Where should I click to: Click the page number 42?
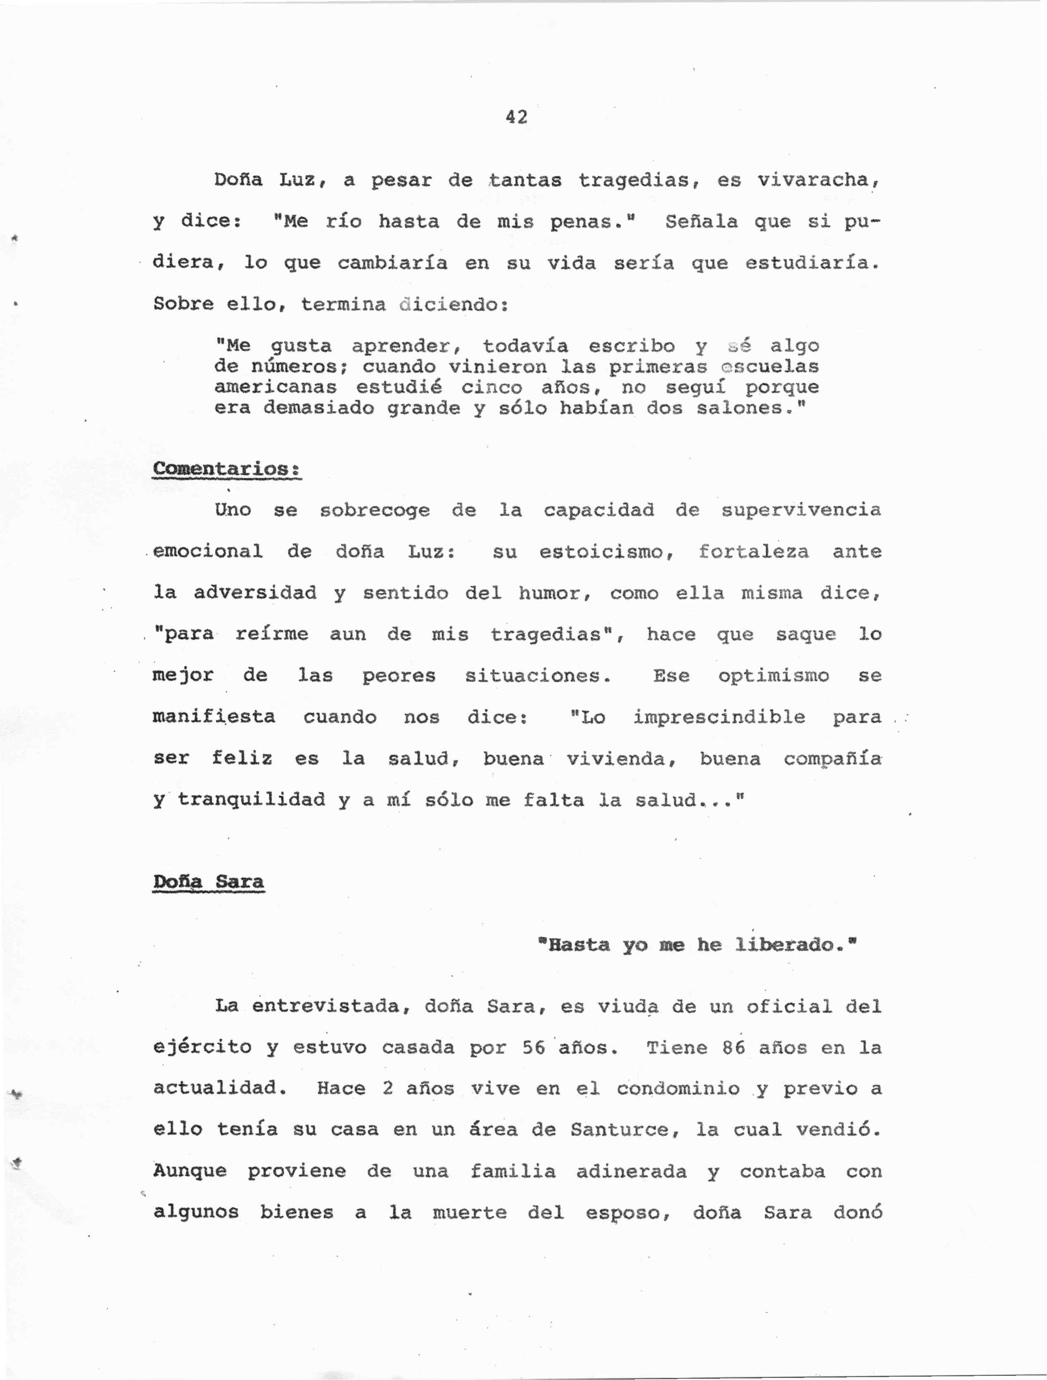click(x=516, y=117)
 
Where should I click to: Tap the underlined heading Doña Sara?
click(x=208, y=881)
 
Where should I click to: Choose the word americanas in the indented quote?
click(x=275, y=388)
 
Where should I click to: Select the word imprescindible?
click(x=719, y=717)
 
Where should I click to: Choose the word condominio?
click(x=678, y=1089)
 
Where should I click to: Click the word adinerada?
click(x=631, y=1171)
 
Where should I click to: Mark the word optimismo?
click(x=773, y=676)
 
